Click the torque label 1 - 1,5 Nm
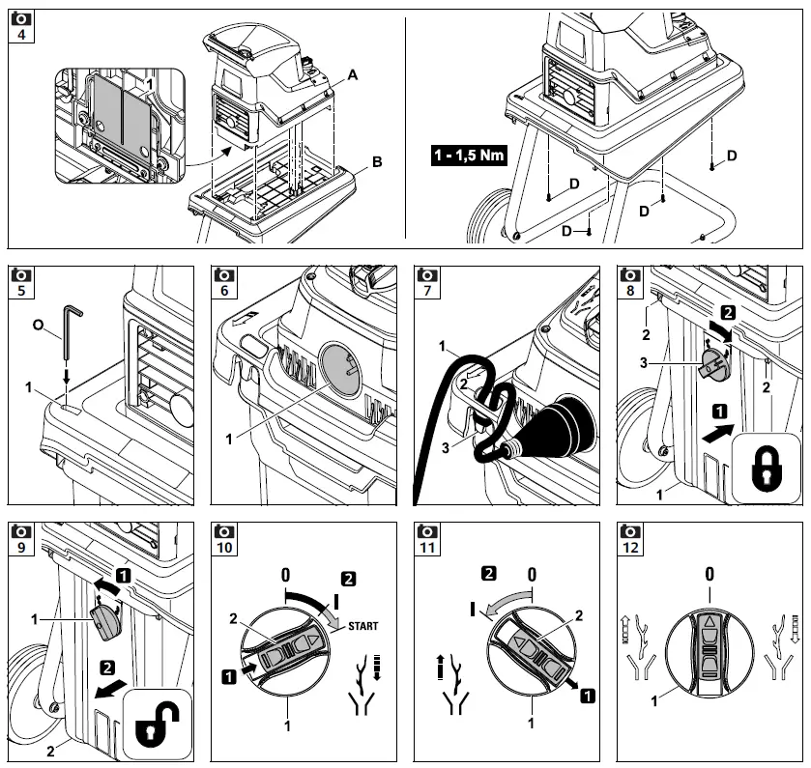point(470,154)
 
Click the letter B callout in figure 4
point(376,162)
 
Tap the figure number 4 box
point(17,36)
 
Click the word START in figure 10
point(362,626)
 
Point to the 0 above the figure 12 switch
point(709,574)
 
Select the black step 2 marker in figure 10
point(348,580)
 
